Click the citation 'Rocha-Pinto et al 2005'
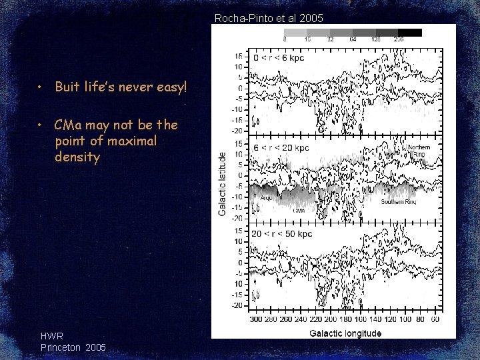269,18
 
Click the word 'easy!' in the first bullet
170,87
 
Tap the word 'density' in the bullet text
77,157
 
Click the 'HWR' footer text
52,337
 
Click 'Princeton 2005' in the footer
73,347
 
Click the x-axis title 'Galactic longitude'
345,333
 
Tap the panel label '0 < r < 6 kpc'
279,58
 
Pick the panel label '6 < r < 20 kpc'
281,147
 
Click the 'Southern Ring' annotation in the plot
398,201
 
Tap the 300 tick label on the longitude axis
256,319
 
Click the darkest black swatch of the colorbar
410,32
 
